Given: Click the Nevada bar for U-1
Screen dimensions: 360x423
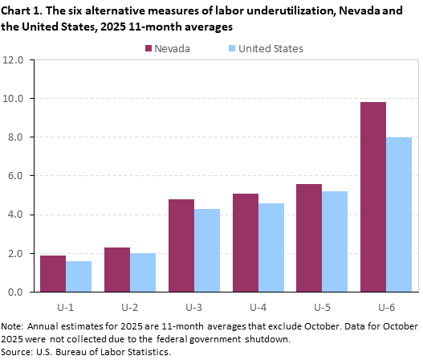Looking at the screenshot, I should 53,273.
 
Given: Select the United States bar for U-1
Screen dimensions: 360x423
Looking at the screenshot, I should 79,276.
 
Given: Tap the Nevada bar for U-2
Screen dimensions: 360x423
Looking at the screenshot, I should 117,269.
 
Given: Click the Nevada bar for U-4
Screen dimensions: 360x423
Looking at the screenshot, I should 246,243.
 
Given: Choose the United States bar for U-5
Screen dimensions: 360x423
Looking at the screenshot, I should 335,241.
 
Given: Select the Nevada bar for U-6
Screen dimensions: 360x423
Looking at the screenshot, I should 373,197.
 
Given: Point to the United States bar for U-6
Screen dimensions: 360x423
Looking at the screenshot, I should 399,215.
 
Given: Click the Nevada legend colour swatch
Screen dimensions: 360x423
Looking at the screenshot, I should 149,48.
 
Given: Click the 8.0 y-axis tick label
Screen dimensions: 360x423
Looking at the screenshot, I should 22,137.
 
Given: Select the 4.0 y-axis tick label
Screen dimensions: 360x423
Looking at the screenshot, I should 22,215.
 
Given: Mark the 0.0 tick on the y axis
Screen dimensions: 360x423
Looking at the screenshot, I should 22,292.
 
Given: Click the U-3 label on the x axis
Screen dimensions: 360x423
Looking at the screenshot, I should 194,306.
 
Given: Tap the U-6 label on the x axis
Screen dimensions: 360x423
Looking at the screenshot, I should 386,306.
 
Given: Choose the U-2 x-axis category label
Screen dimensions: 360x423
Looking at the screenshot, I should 130,306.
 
